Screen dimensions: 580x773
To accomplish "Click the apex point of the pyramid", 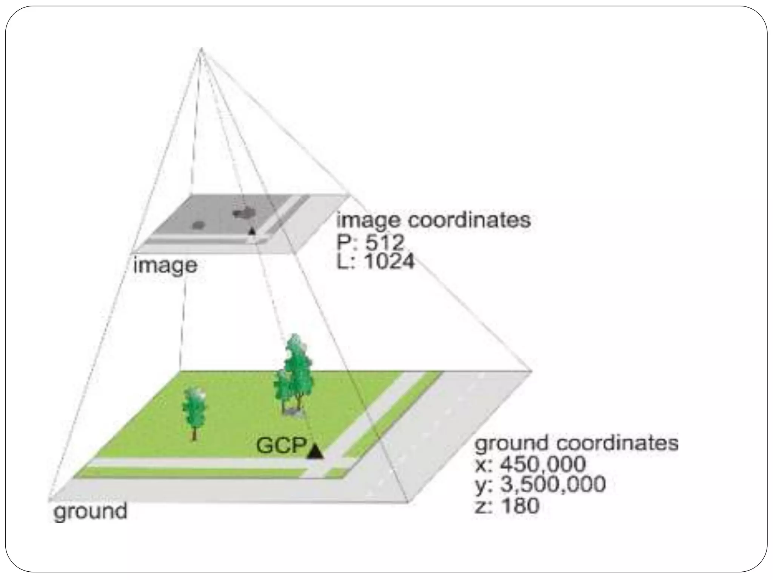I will (x=201, y=49).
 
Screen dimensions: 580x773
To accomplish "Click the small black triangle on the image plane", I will (x=252, y=231).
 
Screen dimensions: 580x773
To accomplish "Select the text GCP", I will (x=281, y=446).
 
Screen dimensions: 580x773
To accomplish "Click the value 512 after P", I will (x=385, y=242).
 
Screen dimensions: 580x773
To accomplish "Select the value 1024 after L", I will (x=390, y=261).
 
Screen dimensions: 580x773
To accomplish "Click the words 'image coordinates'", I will (x=433, y=220).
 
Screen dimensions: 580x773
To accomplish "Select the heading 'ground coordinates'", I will (x=576, y=443).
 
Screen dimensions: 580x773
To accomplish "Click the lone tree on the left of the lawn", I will (x=194, y=408).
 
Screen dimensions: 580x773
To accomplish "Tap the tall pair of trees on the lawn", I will (x=294, y=374).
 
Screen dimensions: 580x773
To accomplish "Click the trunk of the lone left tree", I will (x=194, y=433).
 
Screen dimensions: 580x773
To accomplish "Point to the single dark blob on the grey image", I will (x=198, y=225).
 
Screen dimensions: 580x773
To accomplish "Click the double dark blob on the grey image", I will (x=243, y=213).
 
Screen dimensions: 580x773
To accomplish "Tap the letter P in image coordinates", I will (x=344, y=242).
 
